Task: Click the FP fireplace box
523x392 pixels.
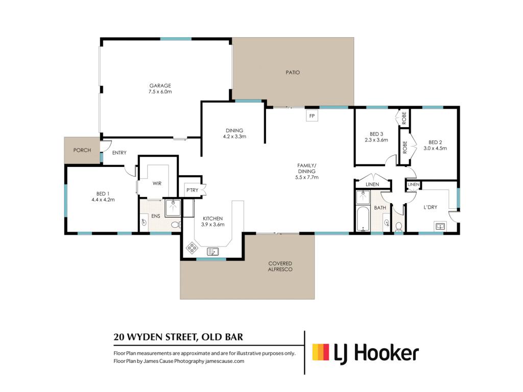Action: (x=312, y=116)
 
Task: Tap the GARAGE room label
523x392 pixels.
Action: (x=160, y=86)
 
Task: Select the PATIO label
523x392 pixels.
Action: (x=293, y=72)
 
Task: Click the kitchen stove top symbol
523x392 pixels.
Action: (x=192, y=248)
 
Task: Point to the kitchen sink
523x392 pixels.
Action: (x=213, y=251)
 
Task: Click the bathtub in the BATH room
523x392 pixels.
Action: (x=363, y=218)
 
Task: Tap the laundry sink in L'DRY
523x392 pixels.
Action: (x=440, y=226)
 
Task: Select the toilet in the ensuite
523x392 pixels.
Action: (x=176, y=225)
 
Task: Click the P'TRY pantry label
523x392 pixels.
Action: (x=192, y=190)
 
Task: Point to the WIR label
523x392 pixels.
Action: (x=157, y=183)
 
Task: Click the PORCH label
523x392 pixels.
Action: (x=82, y=150)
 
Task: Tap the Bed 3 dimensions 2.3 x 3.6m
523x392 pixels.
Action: (x=376, y=140)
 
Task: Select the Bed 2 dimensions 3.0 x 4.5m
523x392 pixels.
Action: (x=435, y=149)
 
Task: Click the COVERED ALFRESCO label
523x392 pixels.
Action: (x=280, y=266)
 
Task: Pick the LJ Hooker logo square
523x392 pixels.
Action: (x=321, y=352)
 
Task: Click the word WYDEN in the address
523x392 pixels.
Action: (x=147, y=337)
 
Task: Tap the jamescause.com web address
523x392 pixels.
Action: (x=225, y=361)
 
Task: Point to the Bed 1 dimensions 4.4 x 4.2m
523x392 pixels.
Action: (x=103, y=200)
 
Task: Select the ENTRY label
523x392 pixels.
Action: (x=120, y=153)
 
